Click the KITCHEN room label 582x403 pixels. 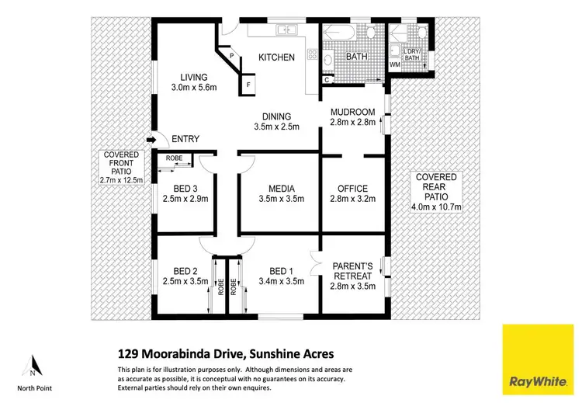(277, 57)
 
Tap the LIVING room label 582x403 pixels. (193, 77)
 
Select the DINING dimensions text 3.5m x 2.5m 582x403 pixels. (277, 126)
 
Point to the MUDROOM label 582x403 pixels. (353, 112)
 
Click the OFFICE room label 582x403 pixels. (352, 189)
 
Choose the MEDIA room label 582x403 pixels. (280, 189)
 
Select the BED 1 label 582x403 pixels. (279, 271)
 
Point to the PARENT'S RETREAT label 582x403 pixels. (353, 268)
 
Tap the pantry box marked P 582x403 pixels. (230, 55)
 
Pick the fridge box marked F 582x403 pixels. (248, 84)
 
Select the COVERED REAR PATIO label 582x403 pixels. (436, 187)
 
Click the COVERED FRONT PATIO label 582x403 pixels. (121, 163)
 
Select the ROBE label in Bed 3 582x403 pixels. (175, 159)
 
